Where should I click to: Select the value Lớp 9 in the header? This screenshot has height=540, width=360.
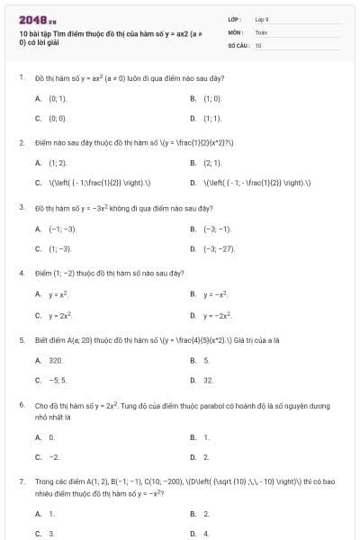click(262, 19)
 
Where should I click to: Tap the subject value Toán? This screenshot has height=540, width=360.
click(261, 31)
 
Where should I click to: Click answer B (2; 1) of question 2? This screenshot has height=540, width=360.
click(211, 162)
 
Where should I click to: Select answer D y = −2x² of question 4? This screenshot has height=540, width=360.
click(215, 314)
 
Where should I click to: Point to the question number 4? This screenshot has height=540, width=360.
click(21, 273)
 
